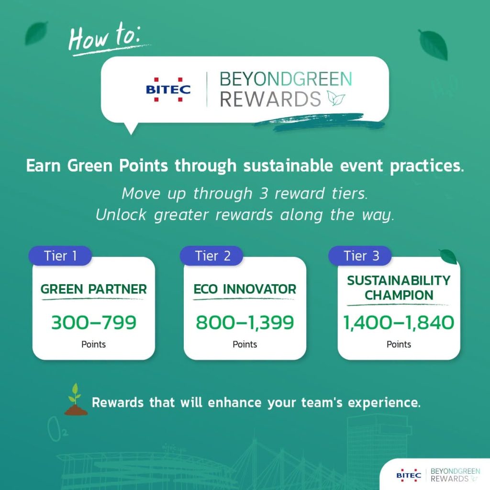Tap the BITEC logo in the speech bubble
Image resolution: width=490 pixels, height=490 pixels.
pyautogui.click(x=168, y=89)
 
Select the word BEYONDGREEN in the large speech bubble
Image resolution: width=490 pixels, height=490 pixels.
pyautogui.click(x=286, y=79)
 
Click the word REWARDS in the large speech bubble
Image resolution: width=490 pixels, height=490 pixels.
pyautogui.click(x=270, y=99)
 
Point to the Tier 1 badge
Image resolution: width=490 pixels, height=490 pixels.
pyautogui.click(x=60, y=256)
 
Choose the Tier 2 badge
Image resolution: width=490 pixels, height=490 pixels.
pyautogui.click(x=212, y=256)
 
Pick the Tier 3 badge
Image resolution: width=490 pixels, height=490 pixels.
pyautogui.click(x=360, y=256)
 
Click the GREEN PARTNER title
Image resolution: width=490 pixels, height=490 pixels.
pyautogui.click(x=93, y=289)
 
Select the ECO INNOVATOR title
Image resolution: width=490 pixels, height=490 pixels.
pyautogui.click(x=245, y=289)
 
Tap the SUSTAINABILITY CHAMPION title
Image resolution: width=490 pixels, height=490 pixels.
pyautogui.click(x=399, y=288)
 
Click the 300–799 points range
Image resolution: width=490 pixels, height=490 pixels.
pyautogui.click(x=94, y=322)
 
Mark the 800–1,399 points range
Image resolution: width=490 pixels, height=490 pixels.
pyautogui.click(x=245, y=322)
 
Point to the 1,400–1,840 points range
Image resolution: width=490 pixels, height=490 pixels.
pyautogui.click(x=399, y=322)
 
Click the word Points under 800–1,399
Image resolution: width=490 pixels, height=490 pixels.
pyautogui.click(x=245, y=345)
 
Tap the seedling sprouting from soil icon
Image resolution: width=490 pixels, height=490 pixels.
pyautogui.click(x=76, y=400)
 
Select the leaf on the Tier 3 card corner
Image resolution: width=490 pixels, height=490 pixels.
pyautogui.click(x=448, y=256)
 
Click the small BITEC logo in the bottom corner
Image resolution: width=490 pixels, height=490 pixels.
pyautogui.click(x=409, y=475)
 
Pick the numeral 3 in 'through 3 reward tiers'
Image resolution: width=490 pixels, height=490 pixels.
pyautogui.click(x=263, y=193)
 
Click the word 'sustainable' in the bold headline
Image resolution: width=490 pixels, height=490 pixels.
pyautogui.click(x=288, y=165)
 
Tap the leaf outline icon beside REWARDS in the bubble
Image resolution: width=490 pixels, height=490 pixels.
pyautogui.click(x=336, y=98)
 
